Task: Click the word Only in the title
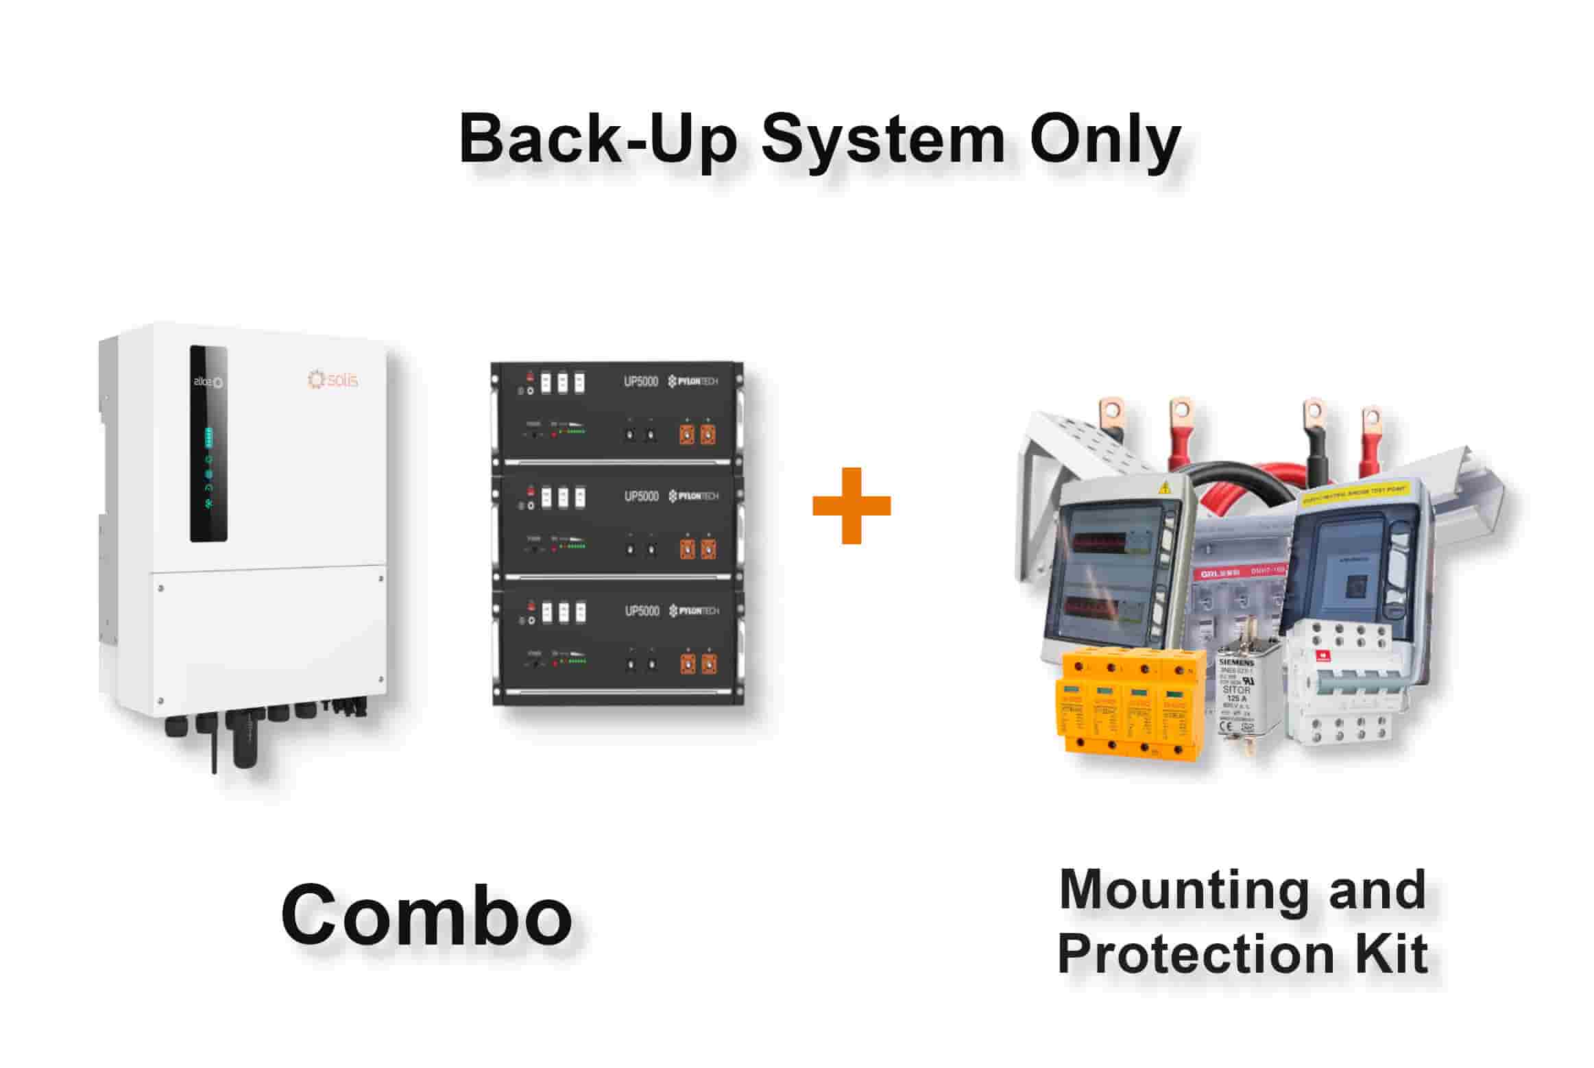pos(1104,141)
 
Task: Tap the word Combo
pos(426,915)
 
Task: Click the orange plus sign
pos(851,506)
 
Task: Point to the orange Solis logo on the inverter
pos(333,379)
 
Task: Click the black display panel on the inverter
pos(208,444)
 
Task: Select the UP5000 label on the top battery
pos(640,381)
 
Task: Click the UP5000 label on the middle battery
pos(640,496)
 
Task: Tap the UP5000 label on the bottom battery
pos(642,611)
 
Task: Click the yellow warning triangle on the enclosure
pos(1163,488)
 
